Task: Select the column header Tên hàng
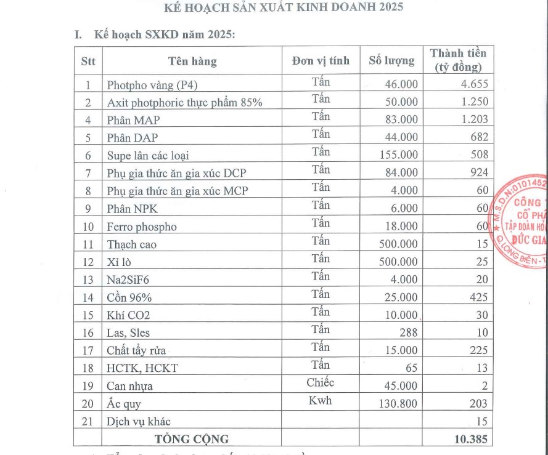coord(192,61)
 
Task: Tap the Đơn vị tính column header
coord(321,60)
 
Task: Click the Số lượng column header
coord(391,60)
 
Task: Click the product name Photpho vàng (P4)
coord(152,85)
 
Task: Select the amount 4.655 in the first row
coord(474,84)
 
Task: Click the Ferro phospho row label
coord(142,227)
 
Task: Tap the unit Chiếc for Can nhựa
coord(321,382)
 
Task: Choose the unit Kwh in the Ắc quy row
coord(321,400)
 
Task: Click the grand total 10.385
coord(471,439)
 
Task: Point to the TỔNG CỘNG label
coord(192,439)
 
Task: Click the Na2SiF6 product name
coord(128,280)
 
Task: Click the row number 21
coord(88,422)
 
